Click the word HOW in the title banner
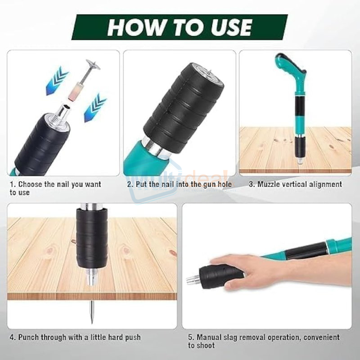click(x=136, y=27)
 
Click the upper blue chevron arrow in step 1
click(x=57, y=81)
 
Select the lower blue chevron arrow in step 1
click(x=95, y=108)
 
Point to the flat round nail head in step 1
click(x=93, y=65)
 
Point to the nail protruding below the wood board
click(x=92, y=312)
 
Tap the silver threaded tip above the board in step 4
click(x=92, y=277)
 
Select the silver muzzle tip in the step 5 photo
click(x=193, y=279)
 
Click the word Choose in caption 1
click(x=30, y=184)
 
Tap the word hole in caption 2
click(x=224, y=184)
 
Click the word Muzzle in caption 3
click(x=269, y=184)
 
